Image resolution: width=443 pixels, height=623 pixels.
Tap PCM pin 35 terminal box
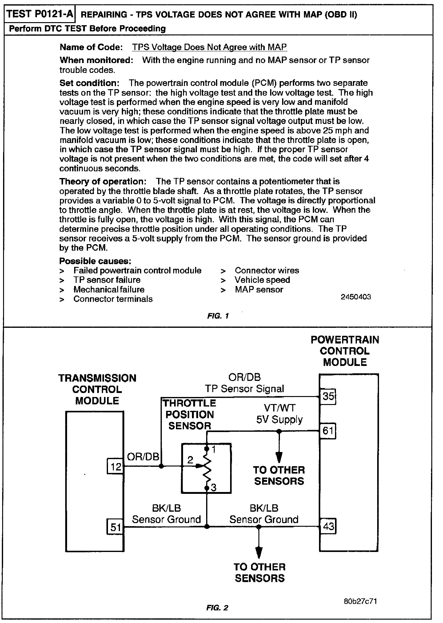pyautogui.click(x=328, y=396)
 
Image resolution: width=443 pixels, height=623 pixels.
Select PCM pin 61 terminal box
pyautogui.click(x=328, y=431)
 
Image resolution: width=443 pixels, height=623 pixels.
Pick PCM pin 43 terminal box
pyautogui.click(x=328, y=526)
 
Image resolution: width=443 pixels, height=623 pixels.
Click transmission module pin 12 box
pyautogui.click(x=115, y=467)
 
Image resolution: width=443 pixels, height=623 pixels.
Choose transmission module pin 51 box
pyautogui.click(x=115, y=527)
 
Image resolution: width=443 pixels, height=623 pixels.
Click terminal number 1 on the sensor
pyautogui.click(x=214, y=450)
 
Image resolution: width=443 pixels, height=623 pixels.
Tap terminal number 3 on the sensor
pyautogui.click(x=214, y=487)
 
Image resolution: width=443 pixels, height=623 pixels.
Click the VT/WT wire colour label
pyautogui.click(x=279, y=408)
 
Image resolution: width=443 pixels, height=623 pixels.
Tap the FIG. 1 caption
pyautogui.click(x=218, y=316)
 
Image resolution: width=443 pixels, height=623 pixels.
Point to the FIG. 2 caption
pyautogui.click(x=218, y=608)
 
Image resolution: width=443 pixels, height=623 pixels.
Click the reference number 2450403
pyautogui.click(x=356, y=297)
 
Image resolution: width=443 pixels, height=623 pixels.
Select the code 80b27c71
pyautogui.click(x=360, y=601)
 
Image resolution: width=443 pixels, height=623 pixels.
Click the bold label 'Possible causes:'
pyautogui.click(x=95, y=261)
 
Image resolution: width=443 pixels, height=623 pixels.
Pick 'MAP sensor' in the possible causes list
pyautogui.click(x=259, y=290)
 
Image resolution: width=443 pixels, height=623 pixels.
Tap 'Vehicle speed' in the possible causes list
pyautogui.click(x=262, y=280)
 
